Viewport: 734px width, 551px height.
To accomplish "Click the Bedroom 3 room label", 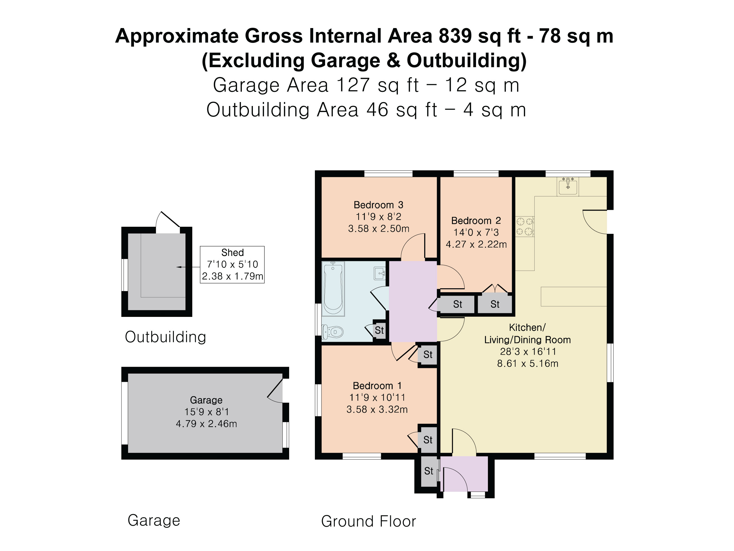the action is click(x=378, y=205).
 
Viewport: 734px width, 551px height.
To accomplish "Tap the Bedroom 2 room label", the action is click(x=476, y=221).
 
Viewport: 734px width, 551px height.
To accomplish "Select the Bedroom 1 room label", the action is click(x=377, y=385).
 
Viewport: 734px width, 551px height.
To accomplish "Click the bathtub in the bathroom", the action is click(x=333, y=288).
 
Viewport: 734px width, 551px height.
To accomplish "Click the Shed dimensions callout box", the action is click(x=232, y=265).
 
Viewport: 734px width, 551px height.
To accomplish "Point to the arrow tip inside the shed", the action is click(x=177, y=267).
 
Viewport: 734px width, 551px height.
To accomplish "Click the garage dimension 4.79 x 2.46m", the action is click(x=206, y=424).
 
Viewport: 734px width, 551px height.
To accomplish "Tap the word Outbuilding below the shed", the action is click(x=165, y=337).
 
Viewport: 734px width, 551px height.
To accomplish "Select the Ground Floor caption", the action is click(x=368, y=521).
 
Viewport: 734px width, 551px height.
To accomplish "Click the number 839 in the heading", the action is click(x=455, y=36).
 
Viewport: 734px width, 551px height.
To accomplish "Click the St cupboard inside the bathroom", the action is click(x=379, y=330).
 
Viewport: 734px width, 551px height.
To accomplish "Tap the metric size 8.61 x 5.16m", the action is click(x=527, y=364).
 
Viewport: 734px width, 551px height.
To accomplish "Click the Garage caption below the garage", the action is click(x=154, y=520).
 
